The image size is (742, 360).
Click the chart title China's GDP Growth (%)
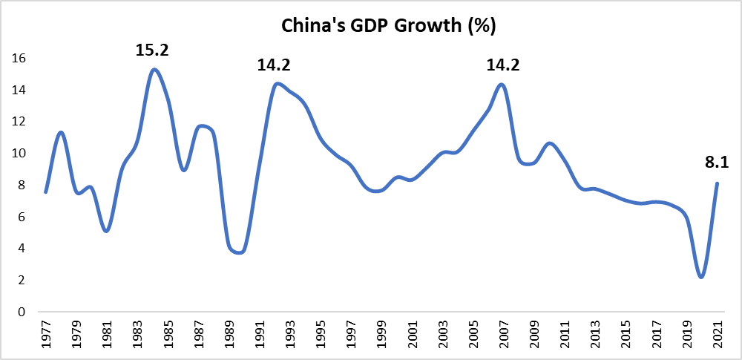(388, 27)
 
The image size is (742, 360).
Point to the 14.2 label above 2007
(503, 65)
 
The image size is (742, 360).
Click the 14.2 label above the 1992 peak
(274, 65)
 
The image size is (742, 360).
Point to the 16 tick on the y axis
(19, 58)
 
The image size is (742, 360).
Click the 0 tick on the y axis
(23, 312)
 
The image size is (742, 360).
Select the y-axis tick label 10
(19, 154)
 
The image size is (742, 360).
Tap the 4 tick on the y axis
(23, 249)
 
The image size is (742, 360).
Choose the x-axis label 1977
(46, 336)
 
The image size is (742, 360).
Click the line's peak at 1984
(154, 70)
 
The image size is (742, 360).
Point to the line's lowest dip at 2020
(702, 277)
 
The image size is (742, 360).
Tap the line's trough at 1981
(106, 231)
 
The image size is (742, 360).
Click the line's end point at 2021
(717, 183)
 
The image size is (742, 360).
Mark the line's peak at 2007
(502, 85)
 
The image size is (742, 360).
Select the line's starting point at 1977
(46, 192)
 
